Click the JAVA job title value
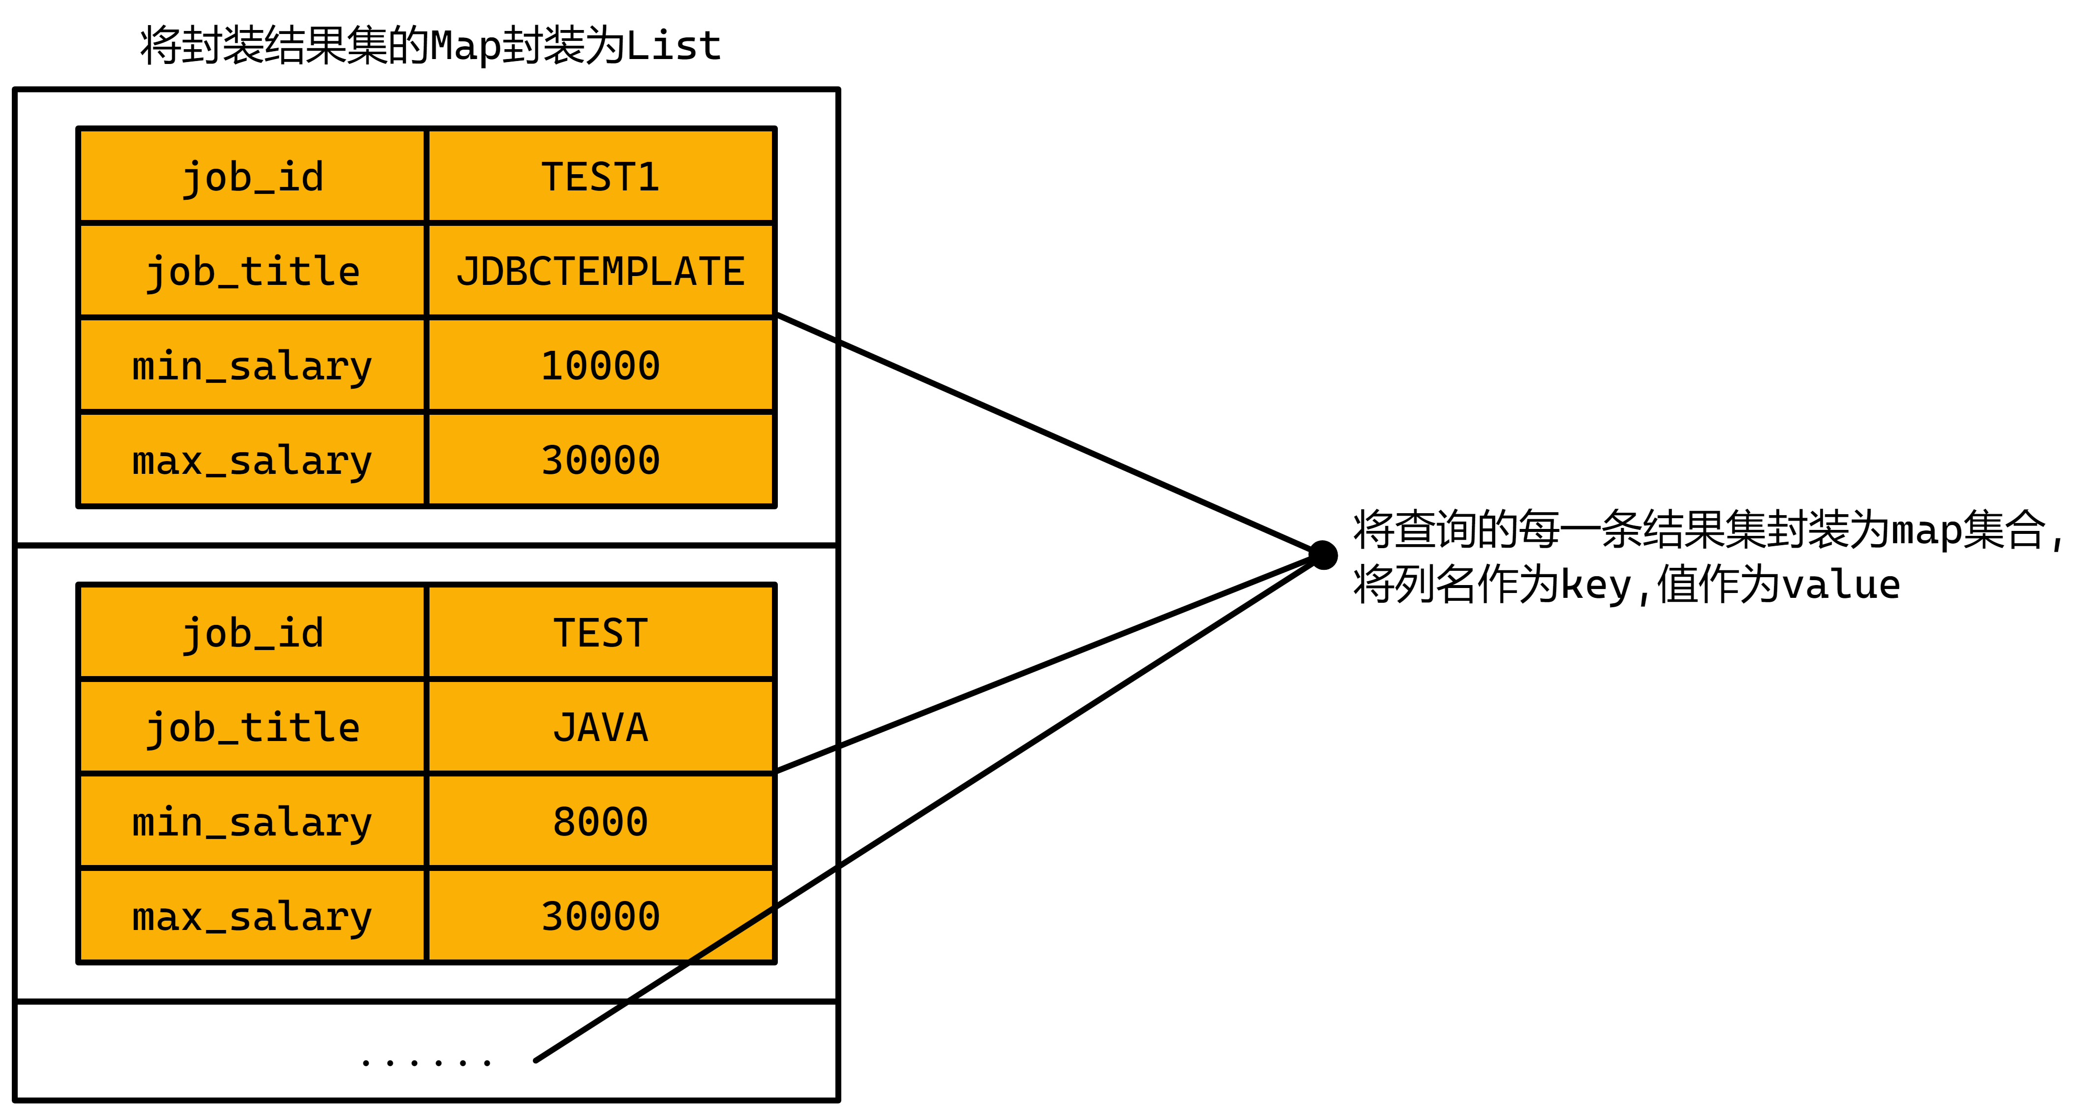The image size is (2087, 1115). (x=600, y=727)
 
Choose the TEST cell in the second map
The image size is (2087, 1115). (x=600, y=633)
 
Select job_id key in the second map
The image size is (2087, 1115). (x=252, y=633)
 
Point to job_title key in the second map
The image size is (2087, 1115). (x=252, y=727)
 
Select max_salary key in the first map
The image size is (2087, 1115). (x=252, y=460)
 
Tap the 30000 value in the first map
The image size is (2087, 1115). (x=600, y=460)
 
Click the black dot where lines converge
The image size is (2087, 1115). (x=1323, y=555)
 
